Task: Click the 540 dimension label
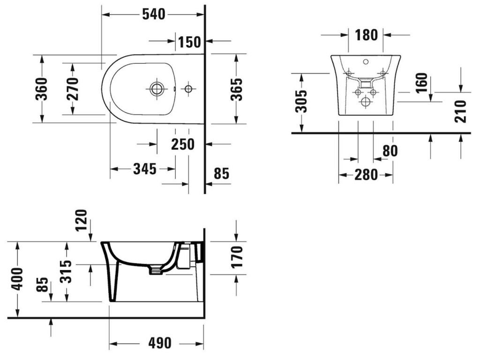pyautogui.click(x=154, y=15)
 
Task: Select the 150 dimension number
pyautogui.click(x=189, y=42)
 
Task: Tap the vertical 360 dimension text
pyautogui.click(x=42, y=89)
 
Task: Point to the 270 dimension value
pyautogui.click(x=73, y=89)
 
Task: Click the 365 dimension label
pyautogui.click(x=236, y=90)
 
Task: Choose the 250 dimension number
pyautogui.click(x=183, y=144)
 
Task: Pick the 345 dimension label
pyautogui.click(x=145, y=169)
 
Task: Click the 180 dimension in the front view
pyautogui.click(x=366, y=35)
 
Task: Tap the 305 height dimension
pyautogui.click(x=302, y=102)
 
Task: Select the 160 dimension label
pyautogui.click(x=421, y=82)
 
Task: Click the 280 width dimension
pyautogui.click(x=366, y=175)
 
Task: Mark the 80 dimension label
pyautogui.click(x=390, y=150)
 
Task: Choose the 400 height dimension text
pyautogui.click(x=17, y=279)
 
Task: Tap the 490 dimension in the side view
pyautogui.click(x=160, y=343)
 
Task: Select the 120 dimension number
pyautogui.click(x=82, y=221)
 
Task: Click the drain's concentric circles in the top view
pyautogui.click(x=157, y=89)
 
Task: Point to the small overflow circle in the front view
pyautogui.click(x=366, y=61)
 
